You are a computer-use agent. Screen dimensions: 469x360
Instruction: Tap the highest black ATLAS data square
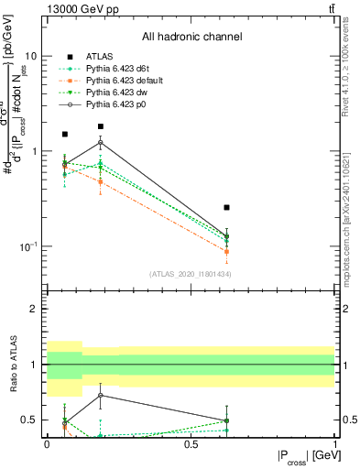pos(101,126)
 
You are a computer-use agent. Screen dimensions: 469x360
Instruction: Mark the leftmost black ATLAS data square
pos(64,135)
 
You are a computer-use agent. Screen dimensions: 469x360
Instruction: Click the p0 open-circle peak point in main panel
pos(101,143)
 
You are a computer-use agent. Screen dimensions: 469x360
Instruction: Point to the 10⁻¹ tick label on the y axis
pos(29,246)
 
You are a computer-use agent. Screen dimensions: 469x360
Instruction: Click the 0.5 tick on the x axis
pos(191,442)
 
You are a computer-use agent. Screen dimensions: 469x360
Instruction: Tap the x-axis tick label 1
pos(334,442)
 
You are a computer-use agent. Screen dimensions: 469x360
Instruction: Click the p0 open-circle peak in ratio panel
pos(101,396)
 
